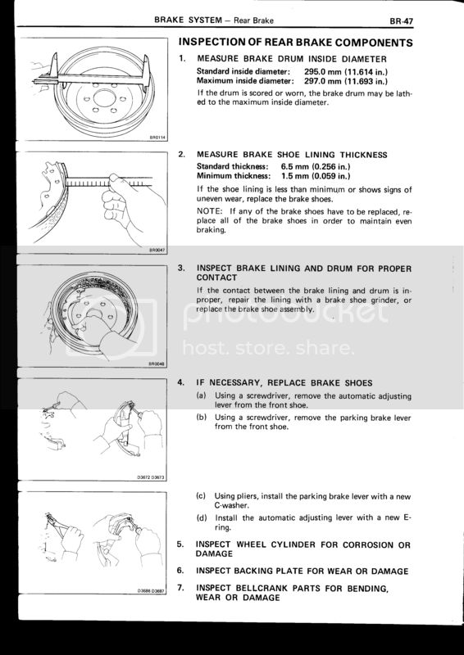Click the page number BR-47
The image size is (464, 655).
(x=401, y=21)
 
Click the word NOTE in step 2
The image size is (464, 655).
(x=209, y=211)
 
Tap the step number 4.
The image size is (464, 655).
(x=180, y=382)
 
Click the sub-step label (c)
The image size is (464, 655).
(x=201, y=496)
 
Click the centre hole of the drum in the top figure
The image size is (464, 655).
(x=103, y=98)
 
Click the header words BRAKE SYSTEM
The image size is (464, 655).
(x=188, y=20)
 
